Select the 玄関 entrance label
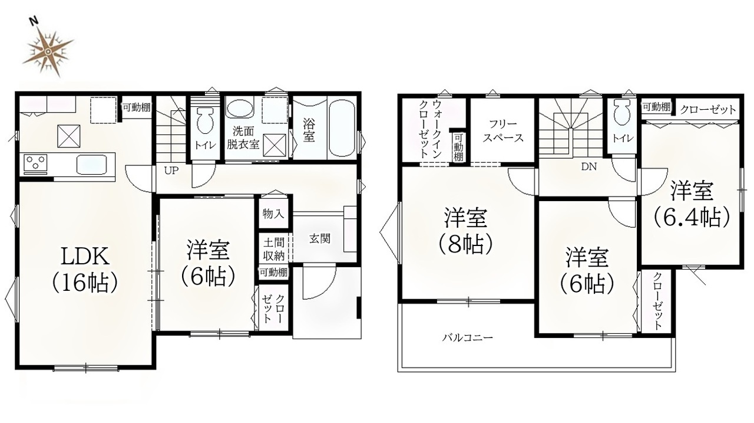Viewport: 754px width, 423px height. pyautogui.click(x=320, y=238)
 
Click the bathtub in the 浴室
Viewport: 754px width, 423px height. pyautogui.click(x=342, y=128)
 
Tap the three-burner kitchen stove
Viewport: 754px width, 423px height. pyautogui.click(x=35, y=164)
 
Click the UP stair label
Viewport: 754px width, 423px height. pyautogui.click(x=171, y=170)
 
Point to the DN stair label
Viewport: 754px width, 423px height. pyautogui.click(x=588, y=166)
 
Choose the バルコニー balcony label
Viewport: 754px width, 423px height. pyautogui.click(x=468, y=337)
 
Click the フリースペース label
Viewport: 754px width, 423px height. pyautogui.click(x=503, y=131)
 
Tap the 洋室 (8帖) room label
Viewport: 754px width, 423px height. pyautogui.click(x=466, y=231)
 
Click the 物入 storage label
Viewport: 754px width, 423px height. pyautogui.click(x=273, y=214)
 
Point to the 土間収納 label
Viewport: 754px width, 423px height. pyautogui.click(x=274, y=250)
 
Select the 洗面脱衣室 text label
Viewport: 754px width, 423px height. pyautogui.click(x=243, y=137)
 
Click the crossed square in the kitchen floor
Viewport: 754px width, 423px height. pyautogui.click(x=69, y=136)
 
